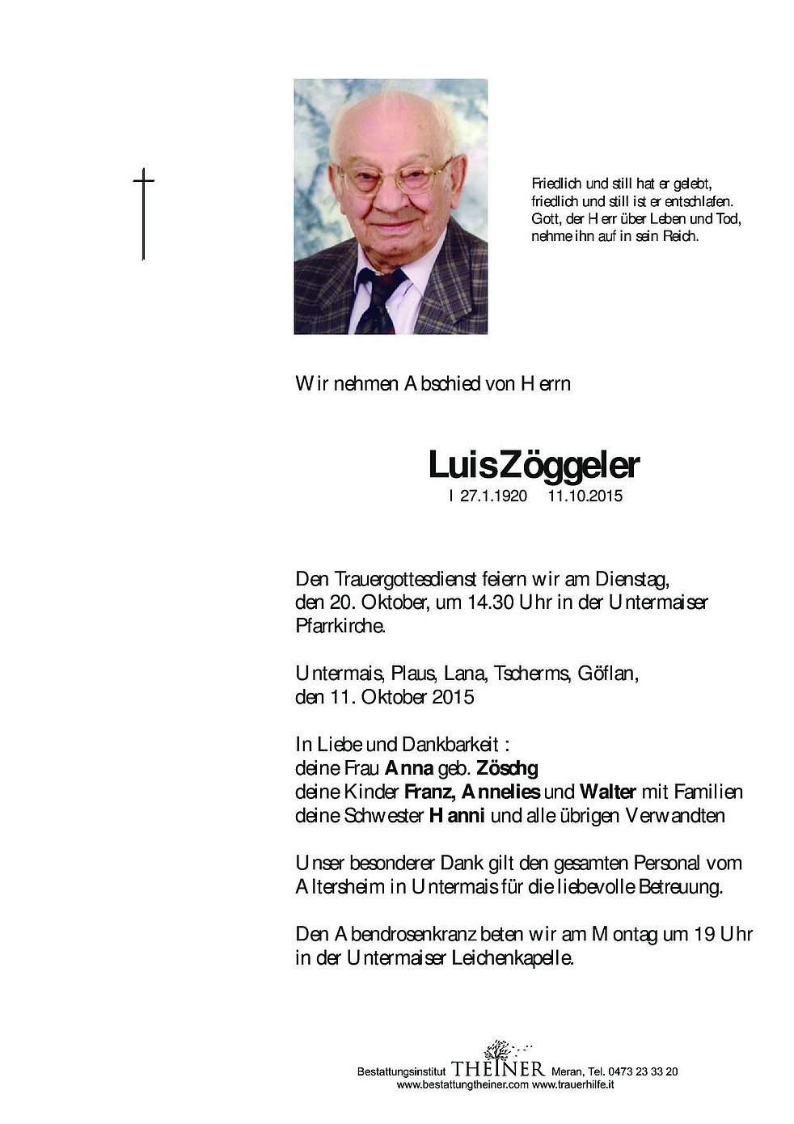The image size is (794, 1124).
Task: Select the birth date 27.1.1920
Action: click(x=493, y=497)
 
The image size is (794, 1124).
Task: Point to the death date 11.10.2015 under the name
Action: click(x=585, y=497)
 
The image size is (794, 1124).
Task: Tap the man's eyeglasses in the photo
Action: click(x=395, y=177)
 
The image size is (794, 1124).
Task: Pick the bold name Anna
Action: click(x=409, y=767)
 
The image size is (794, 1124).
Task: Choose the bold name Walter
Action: click(x=608, y=792)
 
